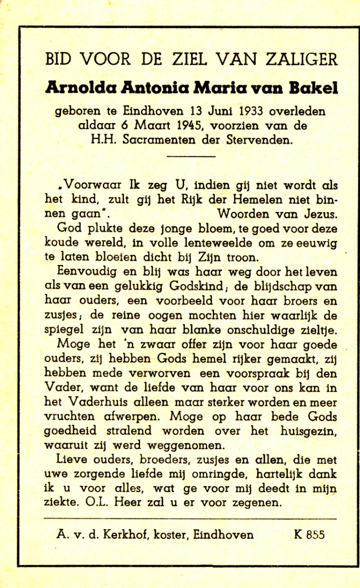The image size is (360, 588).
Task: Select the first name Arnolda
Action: point(80,88)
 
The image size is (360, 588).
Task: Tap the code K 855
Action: point(309,535)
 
